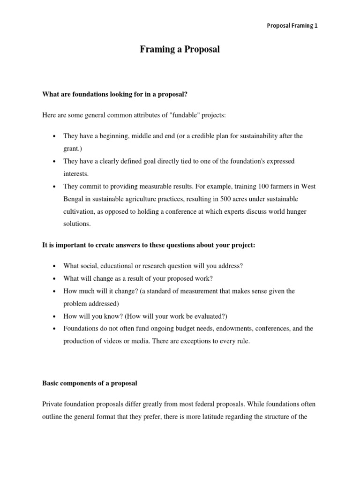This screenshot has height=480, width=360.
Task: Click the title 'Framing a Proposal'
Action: [x=180, y=50]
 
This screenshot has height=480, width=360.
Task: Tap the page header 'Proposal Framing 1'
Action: [x=292, y=26]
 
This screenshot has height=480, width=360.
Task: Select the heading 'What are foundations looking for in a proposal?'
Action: [x=115, y=94]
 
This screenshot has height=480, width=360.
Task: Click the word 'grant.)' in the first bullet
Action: [x=74, y=148]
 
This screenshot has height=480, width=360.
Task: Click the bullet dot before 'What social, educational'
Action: [x=54, y=266]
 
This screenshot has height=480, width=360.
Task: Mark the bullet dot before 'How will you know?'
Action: [x=54, y=316]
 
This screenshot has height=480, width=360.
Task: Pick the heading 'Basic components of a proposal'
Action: [x=90, y=383]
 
